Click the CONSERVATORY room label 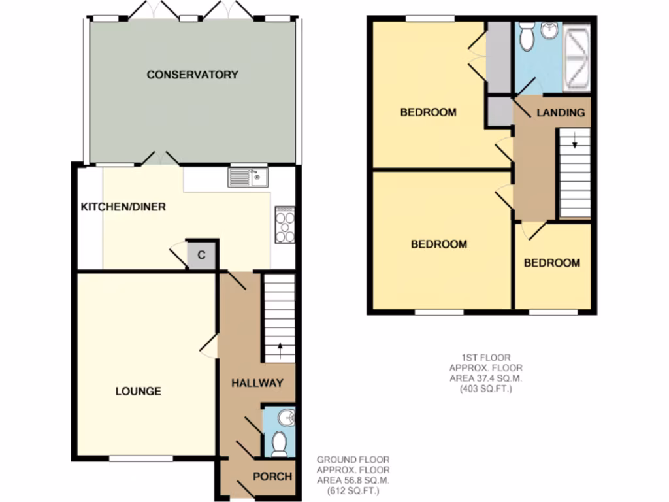pos(192,75)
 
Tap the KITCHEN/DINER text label pos(123,207)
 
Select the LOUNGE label pos(139,392)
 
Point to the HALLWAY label pos(257,383)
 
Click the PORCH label pos(272,477)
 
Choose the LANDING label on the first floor pos(561,113)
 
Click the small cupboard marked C pos(202,256)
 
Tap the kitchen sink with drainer pos(248,177)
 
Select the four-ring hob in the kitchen pos(285,225)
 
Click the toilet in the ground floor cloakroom pos(279,443)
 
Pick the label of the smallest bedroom pos(552,263)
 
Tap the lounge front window pos(140,460)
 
